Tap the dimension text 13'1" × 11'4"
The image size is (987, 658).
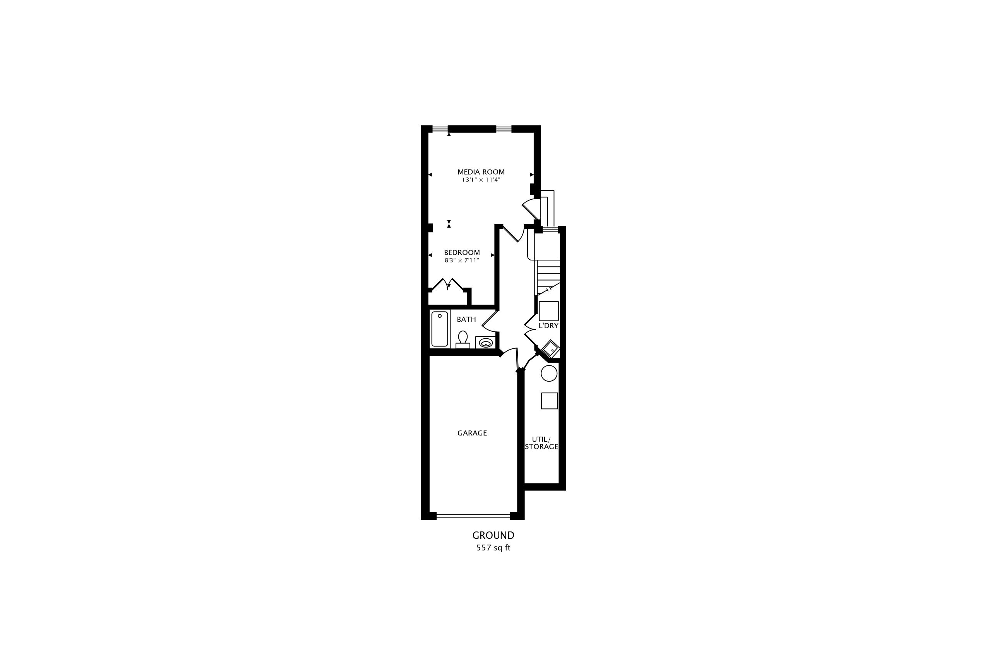pyautogui.click(x=481, y=180)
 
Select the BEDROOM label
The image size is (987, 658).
pyautogui.click(x=462, y=253)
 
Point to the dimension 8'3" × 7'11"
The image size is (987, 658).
pyautogui.click(x=462, y=260)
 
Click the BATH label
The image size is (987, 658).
pyautogui.click(x=466, y=319)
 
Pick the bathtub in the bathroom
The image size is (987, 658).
pyautogui.click(x=439, y=329)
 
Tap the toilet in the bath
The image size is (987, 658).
pyautogui.click(x=463, y=339)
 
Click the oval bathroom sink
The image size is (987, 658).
pyautogui.click(x=486, y=343)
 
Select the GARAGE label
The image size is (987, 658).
pyautogui.click(x=472, y=433)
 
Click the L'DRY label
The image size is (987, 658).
pyautogui.click(x=548, y=326)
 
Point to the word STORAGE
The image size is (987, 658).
pyautogui.click(x=541, y=447)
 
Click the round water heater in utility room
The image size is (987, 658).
pyautogui.click(x=549, y=373)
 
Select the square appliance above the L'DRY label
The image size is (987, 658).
pyautogui.click(x=549, y=311)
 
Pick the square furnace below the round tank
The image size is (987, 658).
pyautogui.click(x=549, y=401)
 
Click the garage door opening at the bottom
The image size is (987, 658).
pyautogui.click(x=473, y=515)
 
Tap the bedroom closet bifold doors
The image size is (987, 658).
pyautogui.click(x=448, y=284)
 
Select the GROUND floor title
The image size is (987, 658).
pyautogui.click(x=493, y=535)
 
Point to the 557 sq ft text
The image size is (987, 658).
pyautogui.click(x=493, y=548)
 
